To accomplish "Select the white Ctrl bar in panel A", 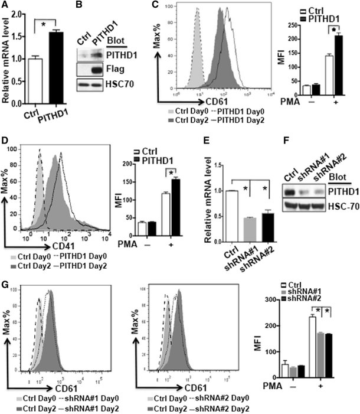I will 37,71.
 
